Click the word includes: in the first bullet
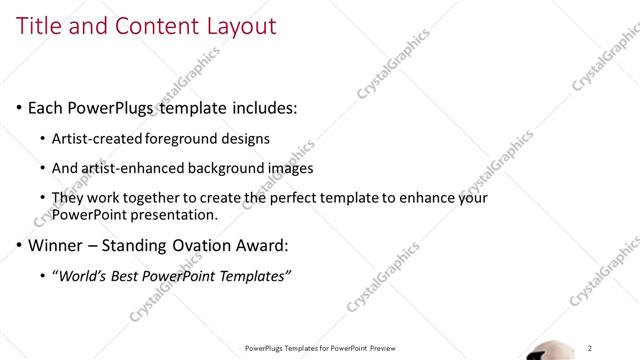(262, 107)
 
